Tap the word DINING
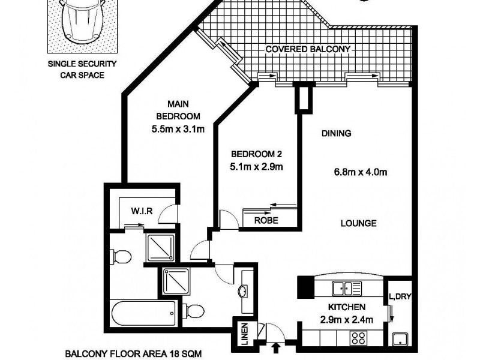tap(336, 133)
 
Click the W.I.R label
tap(143, 211)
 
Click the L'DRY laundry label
tap(399, 296)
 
